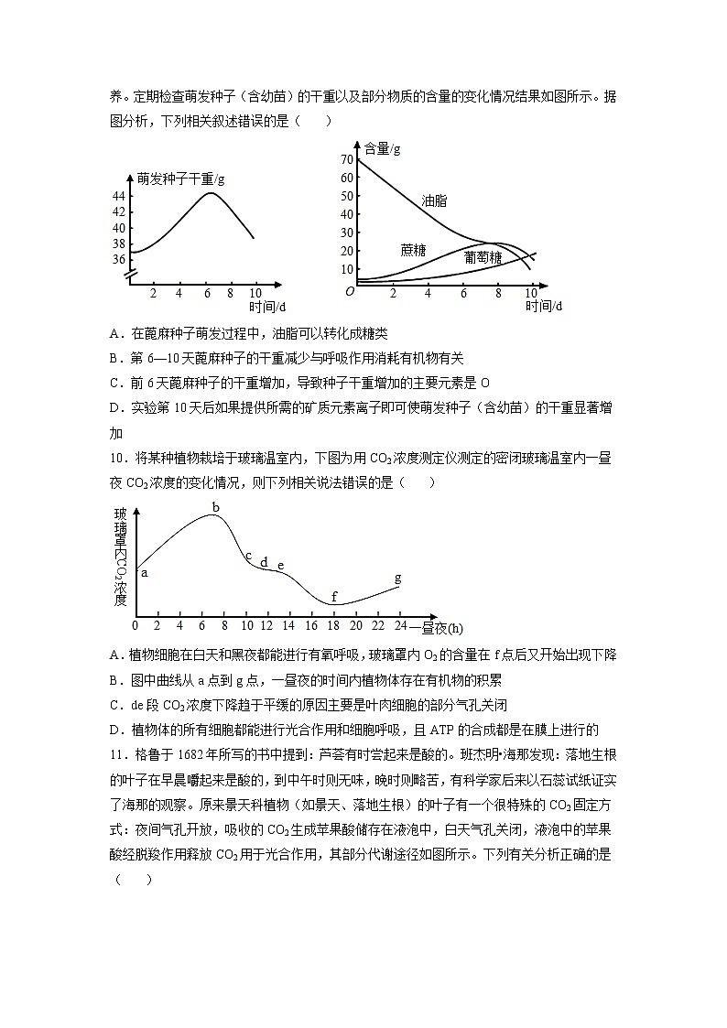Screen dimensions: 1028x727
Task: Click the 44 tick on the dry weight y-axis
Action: coord(119,196)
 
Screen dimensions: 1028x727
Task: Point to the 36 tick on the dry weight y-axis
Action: coord(119,259)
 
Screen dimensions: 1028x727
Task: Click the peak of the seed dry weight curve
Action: coord(211,192)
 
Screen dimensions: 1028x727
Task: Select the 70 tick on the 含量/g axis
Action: coord(346,159)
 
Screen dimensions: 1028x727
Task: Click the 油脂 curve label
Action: coord(434,200)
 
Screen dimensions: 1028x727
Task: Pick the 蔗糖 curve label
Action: coord(413,249)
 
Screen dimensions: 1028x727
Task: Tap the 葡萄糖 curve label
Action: coord(483,257)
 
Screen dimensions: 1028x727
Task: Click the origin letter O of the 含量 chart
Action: coord(349,291)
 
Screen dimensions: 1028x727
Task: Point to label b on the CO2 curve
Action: coord(216,507)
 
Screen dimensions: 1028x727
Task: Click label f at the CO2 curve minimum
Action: coord(334,596)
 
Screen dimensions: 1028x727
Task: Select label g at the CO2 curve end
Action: coord(397,578)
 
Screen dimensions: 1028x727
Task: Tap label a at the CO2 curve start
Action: coord(145,571)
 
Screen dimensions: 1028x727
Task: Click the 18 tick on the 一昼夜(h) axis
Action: coord(333,626)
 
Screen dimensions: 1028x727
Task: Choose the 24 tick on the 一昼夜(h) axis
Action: coord(399,626)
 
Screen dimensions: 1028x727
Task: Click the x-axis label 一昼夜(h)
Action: coord(437,628)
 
